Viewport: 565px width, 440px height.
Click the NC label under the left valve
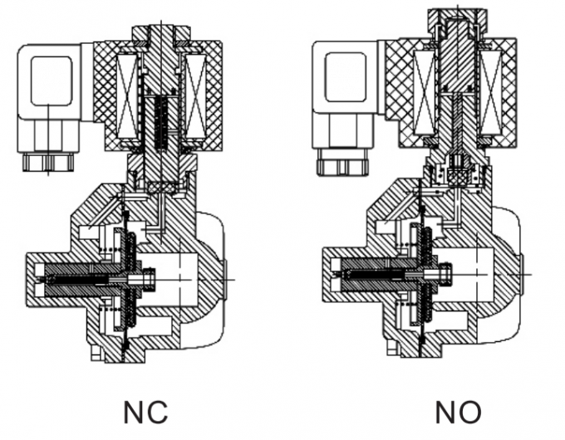(145, 412)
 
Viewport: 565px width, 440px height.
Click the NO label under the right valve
(458, 412)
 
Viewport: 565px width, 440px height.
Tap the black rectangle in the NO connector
(345, 77)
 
